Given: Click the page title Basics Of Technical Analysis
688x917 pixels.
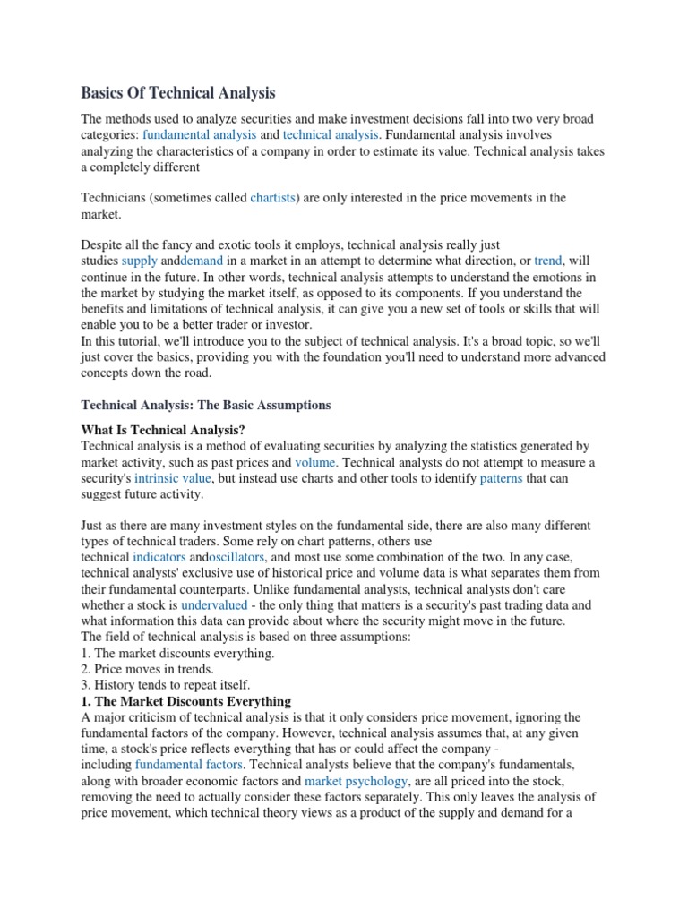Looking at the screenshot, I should (179, 92).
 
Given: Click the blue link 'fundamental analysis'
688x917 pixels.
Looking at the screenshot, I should (205, 134).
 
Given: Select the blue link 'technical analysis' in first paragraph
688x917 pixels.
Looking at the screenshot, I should (331, 134).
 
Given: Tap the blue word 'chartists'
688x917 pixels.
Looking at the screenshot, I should (273, 198).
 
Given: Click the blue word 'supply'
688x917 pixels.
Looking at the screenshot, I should (140, 261).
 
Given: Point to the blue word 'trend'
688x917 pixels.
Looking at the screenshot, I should (547, 261).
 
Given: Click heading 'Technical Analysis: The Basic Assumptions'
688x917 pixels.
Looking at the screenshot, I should (206, 405).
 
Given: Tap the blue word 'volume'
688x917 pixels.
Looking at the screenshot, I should (315, 463).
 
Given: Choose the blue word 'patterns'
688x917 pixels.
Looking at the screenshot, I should (501, 479).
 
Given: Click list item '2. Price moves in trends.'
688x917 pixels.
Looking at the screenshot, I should (148, 669).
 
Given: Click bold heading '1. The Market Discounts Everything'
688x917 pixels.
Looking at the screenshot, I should (186, 701).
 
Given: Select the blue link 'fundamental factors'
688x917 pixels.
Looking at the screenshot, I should (189, 765).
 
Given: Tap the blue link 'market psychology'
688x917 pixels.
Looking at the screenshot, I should (357, 781).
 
